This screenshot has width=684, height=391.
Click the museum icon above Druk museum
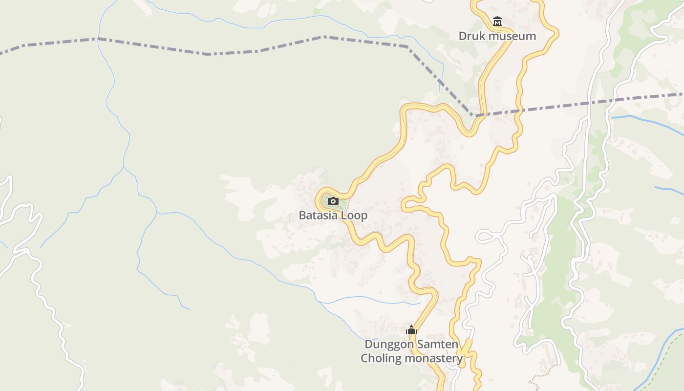click(x=497, y=22)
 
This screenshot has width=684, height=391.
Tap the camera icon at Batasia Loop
click(x=333, y=201)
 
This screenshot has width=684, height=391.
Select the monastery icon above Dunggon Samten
click(x=411, y=330)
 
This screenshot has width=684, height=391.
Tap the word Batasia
click(x=319, y=216)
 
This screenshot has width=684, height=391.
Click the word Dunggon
click(x=388, y=345)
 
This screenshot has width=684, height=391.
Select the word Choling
click(x=381, y=358)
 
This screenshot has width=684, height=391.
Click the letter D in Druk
click(x=462, y=36)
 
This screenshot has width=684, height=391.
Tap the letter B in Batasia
click(x=302, y=216)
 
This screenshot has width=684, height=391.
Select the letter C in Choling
click(x=364, y=358)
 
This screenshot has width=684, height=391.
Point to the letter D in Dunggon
click(x=369, y=345)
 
